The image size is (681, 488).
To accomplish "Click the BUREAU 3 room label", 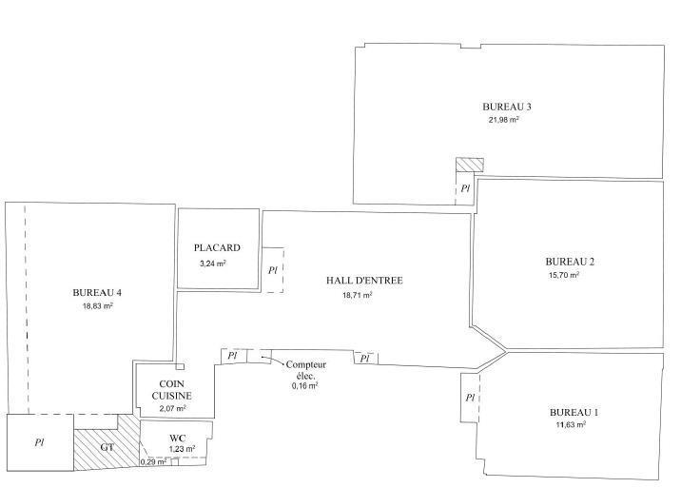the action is click(507, 107).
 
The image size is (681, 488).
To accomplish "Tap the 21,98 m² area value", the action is click(504, 120).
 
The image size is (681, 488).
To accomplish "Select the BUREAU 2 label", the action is click(570, 262).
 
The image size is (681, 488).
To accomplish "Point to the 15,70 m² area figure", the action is click(564, 275).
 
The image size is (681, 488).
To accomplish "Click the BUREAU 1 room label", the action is click(574, 413).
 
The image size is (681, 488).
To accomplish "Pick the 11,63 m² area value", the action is click(571, 424).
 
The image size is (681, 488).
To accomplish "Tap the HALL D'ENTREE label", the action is click(364, 281).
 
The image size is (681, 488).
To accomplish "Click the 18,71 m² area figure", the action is click(358, 295).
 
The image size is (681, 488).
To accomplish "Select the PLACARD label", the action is click(217, 247).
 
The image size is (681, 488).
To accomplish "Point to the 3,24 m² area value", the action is click(213, 264).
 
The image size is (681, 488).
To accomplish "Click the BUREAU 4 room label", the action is click(97, 292).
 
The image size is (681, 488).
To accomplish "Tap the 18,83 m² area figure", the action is click(98, 306).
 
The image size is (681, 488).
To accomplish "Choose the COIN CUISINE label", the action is click(171, 390).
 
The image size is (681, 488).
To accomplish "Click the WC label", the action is click(178, 438).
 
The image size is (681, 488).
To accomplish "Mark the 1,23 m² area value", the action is click(182, 449).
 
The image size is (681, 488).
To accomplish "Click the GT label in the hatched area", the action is click(107, 447).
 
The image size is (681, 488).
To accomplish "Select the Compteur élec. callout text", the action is click(305, 370).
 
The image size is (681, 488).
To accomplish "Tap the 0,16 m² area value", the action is click(305, 385).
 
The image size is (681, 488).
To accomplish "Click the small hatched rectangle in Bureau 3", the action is click(470, 165).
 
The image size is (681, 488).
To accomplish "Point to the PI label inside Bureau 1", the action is click(470, 398).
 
